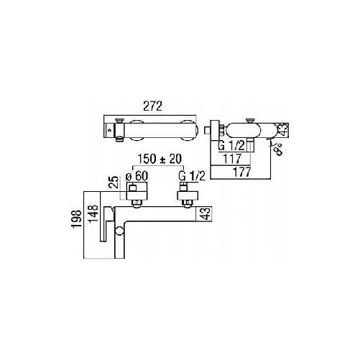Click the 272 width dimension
pos(152,106)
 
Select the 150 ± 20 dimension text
pos(160,159)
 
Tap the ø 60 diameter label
pos(137,177)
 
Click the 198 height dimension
pos(77,220)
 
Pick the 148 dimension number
pos(93,214)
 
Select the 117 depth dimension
pos(232,159)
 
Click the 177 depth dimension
pos(241,172)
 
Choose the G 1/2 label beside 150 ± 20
pos(192,177)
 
